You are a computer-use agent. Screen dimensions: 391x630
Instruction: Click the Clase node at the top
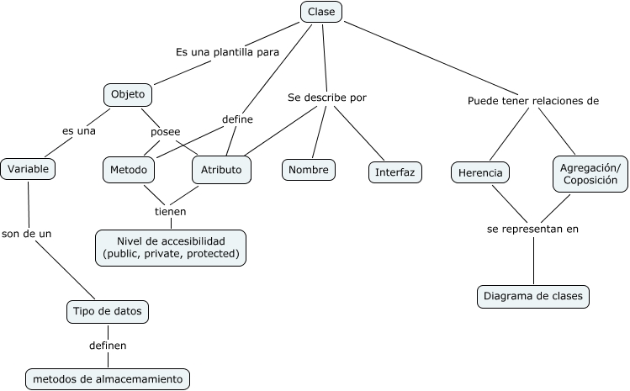(x=321, y=11)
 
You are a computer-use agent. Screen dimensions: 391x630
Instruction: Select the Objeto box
(x=128, y=93)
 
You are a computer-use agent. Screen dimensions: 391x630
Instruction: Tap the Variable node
(x=29, y=168)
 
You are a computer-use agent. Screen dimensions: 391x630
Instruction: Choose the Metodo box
(x=129, y=169)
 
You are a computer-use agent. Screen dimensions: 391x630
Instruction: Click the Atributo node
(x=221, y=169)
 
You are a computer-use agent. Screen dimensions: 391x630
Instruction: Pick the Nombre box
(x=307, y=169)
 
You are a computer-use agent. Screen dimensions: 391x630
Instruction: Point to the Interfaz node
(x=394, y=172)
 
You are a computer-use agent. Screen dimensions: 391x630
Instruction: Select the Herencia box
(x=480, y=173)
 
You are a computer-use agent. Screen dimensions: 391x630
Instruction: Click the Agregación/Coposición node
(x=590, y=174)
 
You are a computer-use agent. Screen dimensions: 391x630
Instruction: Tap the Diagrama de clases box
(x=533, y=296)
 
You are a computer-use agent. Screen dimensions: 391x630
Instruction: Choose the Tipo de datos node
(x=109, y=312)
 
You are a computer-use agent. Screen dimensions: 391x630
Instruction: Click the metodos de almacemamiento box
(x=107, y=379)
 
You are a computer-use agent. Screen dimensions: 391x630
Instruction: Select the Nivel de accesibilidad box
(x=171, y=247)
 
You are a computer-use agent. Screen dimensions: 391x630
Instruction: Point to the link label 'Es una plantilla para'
(x=227, y=52)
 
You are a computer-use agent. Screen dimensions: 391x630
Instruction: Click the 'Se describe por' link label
(x=327, y=98)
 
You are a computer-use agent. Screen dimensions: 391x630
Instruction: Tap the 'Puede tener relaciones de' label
(x=533, y=101)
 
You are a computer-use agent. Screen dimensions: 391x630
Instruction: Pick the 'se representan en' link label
(x=533, y=228)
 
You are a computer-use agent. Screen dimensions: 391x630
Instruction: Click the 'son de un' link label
(x=26, y=234)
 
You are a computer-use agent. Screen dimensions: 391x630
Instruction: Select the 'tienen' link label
(x=170, y=211)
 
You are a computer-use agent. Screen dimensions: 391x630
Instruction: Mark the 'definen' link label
(x=108, y=345)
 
